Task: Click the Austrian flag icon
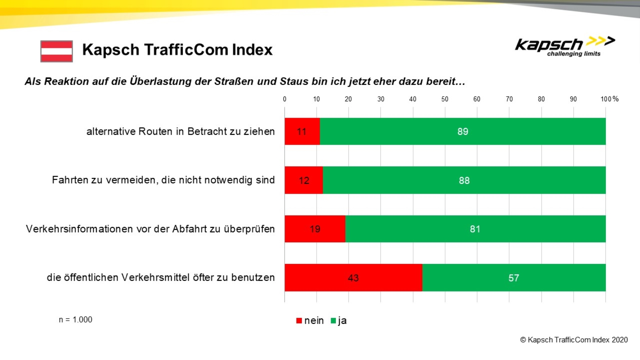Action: tap(57, 51)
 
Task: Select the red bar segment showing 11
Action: tap(302, 131)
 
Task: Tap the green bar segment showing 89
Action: tap(463, 131)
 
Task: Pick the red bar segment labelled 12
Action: tap(303, 180)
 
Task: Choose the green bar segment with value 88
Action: tap(464, 180)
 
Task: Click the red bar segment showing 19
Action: tap(315, 229)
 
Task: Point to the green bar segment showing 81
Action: tap(475, 229)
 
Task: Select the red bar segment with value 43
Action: tap(353, 278)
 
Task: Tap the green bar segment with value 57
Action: tap(514, 278)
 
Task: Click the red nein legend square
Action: tap(299, 320)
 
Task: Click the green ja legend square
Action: tap(333, 320)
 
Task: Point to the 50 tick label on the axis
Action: tap(445, 99)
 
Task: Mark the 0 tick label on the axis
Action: tap(284, 99)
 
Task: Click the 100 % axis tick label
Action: tap(609, 99)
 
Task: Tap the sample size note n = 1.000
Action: tap(76, 320)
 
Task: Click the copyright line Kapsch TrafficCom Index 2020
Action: tap(574, 340)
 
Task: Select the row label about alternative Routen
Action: tap(180, 131)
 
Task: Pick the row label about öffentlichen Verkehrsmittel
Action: tap(161, 278)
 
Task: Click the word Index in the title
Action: tap(252, 50)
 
